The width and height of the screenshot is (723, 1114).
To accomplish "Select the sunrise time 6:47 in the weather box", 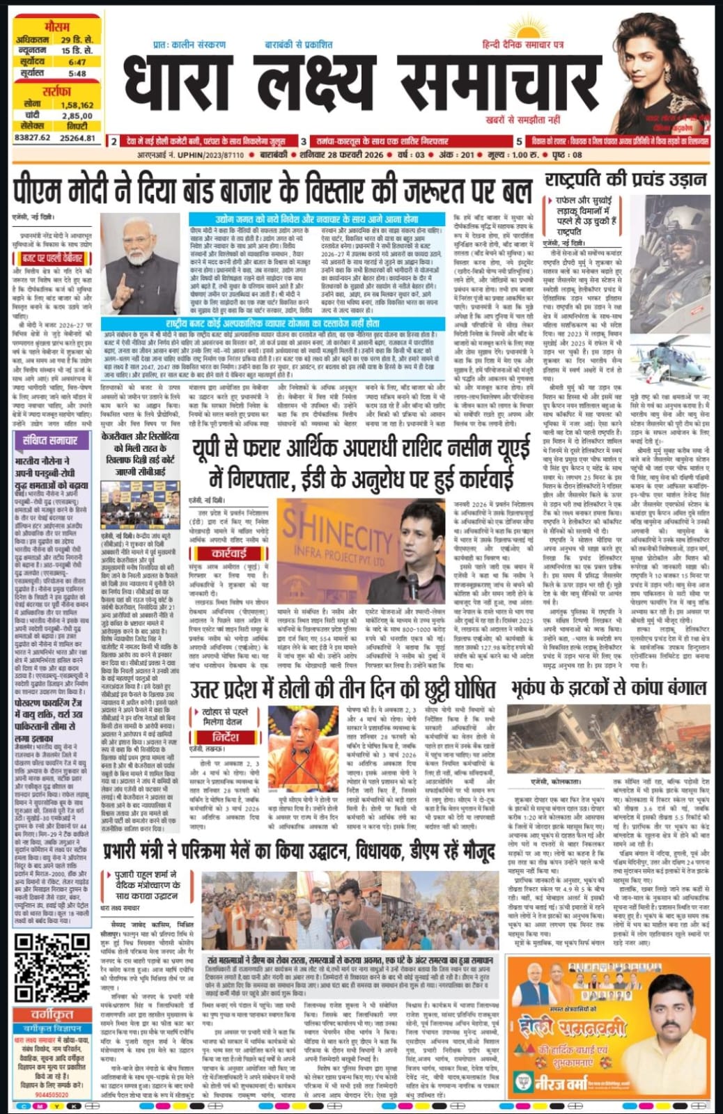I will (77, 62).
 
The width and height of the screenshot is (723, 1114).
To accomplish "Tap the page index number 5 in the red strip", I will (519, 141).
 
